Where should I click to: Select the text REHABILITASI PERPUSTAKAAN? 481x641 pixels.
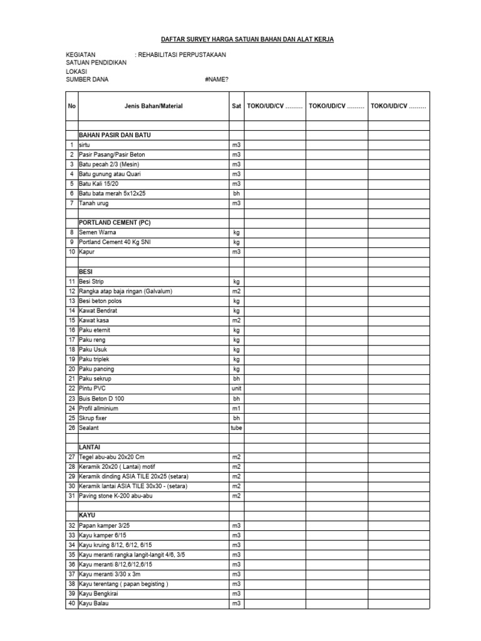pos(182,55)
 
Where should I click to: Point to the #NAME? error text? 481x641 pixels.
pos(216,79)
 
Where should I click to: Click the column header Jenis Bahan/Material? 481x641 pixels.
pos(153,106)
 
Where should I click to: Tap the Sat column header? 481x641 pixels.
pos(236,106)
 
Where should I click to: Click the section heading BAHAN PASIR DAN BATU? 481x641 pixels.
pos(115,135)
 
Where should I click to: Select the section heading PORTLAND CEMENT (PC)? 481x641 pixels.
pos(115,222)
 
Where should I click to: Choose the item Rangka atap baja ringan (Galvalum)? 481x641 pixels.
pos(125,291)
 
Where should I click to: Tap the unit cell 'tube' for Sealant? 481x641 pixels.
pos(236,428)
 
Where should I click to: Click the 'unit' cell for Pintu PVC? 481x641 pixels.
pos(236,389)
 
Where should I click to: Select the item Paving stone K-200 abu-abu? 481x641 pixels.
pos(116,496)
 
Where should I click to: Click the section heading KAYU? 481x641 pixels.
pos(88,515)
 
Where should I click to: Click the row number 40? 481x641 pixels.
pos(71,603)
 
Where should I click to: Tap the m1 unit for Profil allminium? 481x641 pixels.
pos(236,408)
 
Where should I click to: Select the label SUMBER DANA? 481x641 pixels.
pos(87,79)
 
